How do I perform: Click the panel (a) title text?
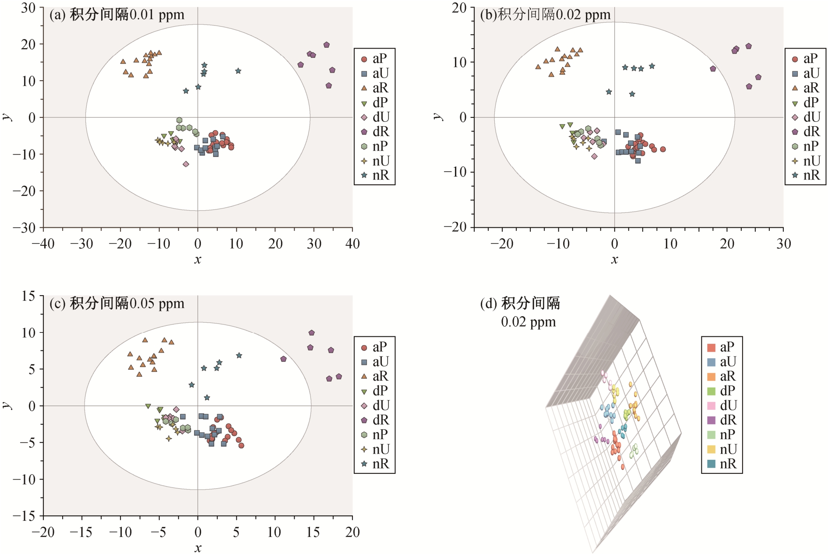[x=116, y=15]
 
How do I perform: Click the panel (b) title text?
[x=545, y=15]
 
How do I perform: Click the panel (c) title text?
[x=116, y=303]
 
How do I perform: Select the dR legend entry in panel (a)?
[x=375, y=131]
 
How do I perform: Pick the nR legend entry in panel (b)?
[x=806, y=175]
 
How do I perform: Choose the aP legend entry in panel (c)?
[x=375, y=347]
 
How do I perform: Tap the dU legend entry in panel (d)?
[x=722, y=406]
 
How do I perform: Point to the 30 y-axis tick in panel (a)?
[x=28, y=8]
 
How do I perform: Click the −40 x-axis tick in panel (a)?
[x=43, y=244]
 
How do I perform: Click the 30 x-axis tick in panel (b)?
[x=783, y=244]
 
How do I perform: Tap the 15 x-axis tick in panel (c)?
[x=313, y=532]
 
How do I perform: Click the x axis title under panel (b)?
[x=614, y=260]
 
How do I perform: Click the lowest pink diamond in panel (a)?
[x=186, y=164]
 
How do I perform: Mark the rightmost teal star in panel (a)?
[x=238, y=71]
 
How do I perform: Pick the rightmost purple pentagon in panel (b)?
[x=758, y=78]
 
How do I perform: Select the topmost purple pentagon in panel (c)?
[x=312, y=333]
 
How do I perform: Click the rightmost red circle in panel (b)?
[x=663, y=149]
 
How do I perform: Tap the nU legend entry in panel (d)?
[x=722, y=449]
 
